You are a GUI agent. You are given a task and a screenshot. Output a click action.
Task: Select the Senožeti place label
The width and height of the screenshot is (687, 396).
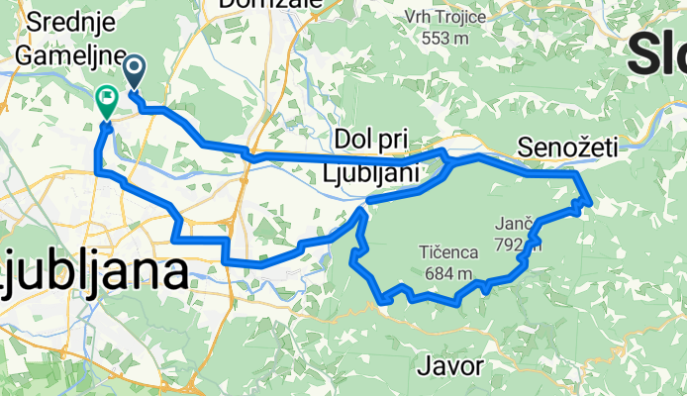point(567,148)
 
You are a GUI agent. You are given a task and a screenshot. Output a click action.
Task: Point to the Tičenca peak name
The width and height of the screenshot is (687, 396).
point(446,252)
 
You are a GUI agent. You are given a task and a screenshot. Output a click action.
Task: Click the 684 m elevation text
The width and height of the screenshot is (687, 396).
point(446,273)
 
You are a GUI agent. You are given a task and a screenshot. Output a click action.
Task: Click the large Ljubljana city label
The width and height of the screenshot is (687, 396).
point(93,272)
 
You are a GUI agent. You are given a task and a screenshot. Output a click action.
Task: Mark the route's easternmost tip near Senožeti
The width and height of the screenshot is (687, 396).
point(590,203)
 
